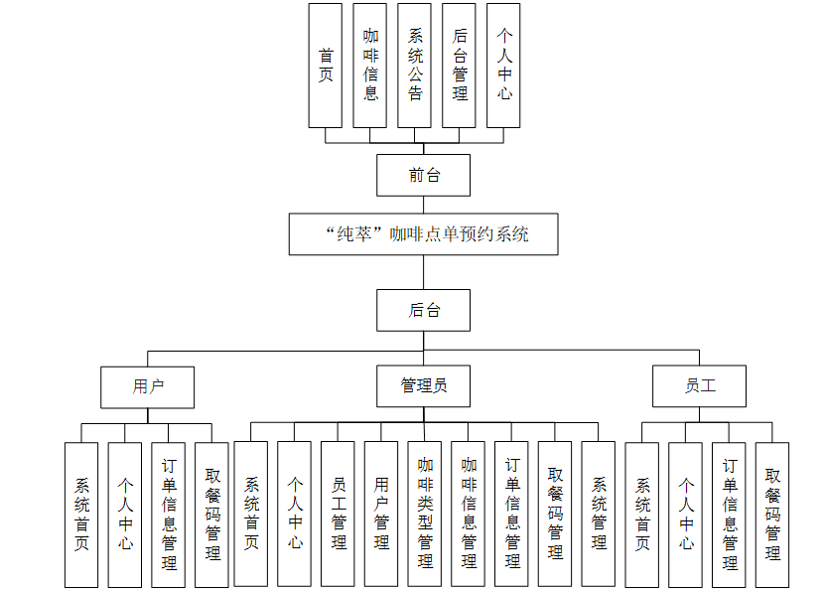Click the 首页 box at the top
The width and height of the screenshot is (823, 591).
coord(325,66)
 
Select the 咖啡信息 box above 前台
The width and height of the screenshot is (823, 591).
coord(369,66)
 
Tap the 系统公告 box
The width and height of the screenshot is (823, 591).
coord(414,66)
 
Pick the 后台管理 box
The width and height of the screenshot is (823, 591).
coord(459,66)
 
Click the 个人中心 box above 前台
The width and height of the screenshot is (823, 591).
coord(503,66)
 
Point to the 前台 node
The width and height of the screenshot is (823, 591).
coord(423,176)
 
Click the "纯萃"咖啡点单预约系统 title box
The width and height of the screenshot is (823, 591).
coord(423,235)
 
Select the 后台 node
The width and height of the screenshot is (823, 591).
coord(423,310)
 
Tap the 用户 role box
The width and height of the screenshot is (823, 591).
coord(147,386)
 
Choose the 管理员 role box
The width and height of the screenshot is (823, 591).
coord(423,386)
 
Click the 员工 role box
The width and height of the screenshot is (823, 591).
coord(699,386)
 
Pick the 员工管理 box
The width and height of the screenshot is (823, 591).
coord(338,514)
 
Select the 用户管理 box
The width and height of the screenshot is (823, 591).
coord(381,514)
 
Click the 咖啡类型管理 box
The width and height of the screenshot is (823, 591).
coord(425,514)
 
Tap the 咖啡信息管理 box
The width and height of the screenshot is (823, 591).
coord(469,514)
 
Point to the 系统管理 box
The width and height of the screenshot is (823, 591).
coord(599,514)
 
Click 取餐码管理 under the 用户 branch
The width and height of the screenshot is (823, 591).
coord(211,515)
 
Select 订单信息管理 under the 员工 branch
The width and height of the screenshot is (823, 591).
coord(730,515)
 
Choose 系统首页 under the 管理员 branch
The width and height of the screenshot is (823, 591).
coord(251,514)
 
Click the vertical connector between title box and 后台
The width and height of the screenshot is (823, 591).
coord(423,272)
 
